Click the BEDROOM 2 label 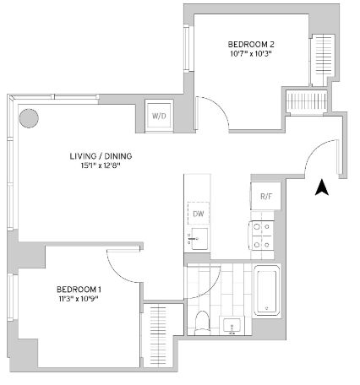click(251, 44)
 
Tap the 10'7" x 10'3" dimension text click(251, 53)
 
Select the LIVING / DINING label click(101, 156)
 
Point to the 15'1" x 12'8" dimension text click(101, 165)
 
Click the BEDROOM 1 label click(79, 290)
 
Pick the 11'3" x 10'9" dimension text click(79, 299)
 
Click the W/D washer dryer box click(159, 116)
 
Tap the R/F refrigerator click(266, 196)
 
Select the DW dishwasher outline click(199, 214)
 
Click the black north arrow click(322, 187)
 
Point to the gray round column click(29, 118)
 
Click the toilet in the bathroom click(202, 323)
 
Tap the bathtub click(267, 291)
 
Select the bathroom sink click(232, 326)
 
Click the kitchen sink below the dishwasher click(199, 239)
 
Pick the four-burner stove click(261, 236)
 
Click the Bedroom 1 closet click(158, 335)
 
